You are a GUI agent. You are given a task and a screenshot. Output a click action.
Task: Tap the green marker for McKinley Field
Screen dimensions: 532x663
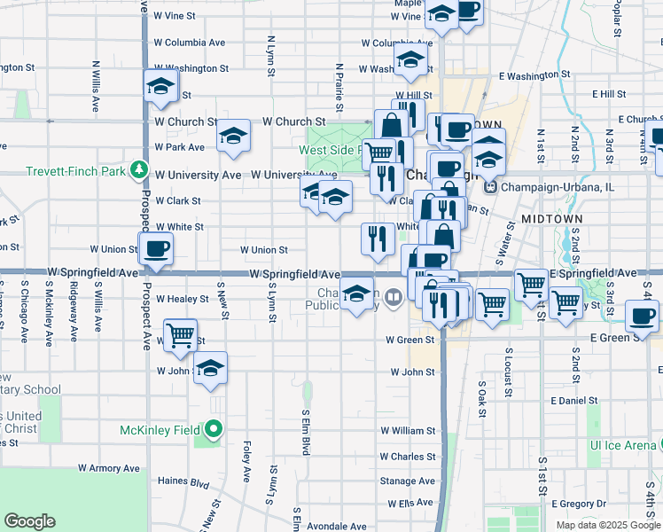[x=213, y=430]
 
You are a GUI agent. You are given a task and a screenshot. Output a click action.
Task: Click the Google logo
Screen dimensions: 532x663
[x=30, y=520]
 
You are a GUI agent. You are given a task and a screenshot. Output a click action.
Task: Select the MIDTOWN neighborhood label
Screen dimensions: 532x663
[x=551, y=218]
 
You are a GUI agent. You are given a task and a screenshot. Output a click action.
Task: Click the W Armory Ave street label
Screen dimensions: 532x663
[x=109, y=467]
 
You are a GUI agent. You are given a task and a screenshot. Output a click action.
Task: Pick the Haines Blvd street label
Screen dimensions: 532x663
[x=182, y=484]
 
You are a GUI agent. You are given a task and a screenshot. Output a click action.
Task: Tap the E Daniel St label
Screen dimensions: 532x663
[x=576, y=401]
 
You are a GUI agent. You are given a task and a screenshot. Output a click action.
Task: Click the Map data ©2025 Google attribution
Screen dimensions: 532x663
[x=607, y=524]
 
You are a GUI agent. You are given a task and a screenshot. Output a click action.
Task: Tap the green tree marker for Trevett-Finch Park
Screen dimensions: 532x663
[x=137, y=168]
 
